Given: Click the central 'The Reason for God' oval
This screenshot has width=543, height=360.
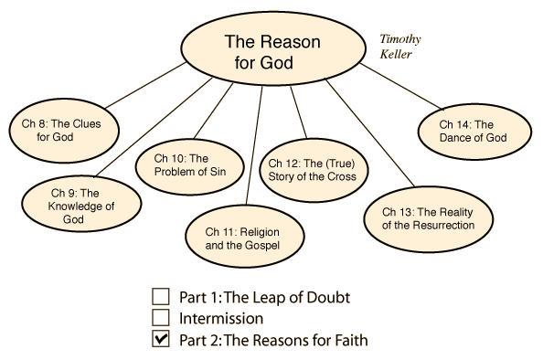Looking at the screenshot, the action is click(273, 48).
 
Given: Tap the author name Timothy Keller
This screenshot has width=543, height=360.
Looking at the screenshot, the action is click(400, 47).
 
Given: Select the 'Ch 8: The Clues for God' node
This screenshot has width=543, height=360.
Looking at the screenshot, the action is click(64, 131).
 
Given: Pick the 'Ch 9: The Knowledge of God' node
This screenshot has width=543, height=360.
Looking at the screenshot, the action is click(81, 204).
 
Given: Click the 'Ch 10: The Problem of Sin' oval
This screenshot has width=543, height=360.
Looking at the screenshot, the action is click(189, 166).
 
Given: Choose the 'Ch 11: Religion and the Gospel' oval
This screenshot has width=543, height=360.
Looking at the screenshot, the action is click(244, 237).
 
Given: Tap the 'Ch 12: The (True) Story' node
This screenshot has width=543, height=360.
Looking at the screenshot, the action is click(314, 170).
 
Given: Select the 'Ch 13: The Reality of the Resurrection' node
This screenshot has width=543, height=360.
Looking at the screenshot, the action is click(429, 219).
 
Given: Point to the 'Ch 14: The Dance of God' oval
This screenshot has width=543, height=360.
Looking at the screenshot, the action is click(474, 132).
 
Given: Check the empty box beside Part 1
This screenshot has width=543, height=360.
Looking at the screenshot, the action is click(161, 297).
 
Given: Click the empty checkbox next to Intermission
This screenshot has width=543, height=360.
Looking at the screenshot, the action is click(161, 318).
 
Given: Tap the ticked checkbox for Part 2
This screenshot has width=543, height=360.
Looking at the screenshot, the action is click(161, 339).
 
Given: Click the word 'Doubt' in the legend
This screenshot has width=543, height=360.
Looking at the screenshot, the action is click(328, 298).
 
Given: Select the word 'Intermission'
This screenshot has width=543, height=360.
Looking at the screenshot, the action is click(221, 319).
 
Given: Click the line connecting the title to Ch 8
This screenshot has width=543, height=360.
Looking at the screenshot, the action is click(145, 85).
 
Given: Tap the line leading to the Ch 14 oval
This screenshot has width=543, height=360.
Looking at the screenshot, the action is click(401, 86).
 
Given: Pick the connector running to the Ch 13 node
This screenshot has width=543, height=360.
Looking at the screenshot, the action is click(370, 133).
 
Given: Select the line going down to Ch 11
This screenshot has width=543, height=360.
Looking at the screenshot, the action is click(254, 145).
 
